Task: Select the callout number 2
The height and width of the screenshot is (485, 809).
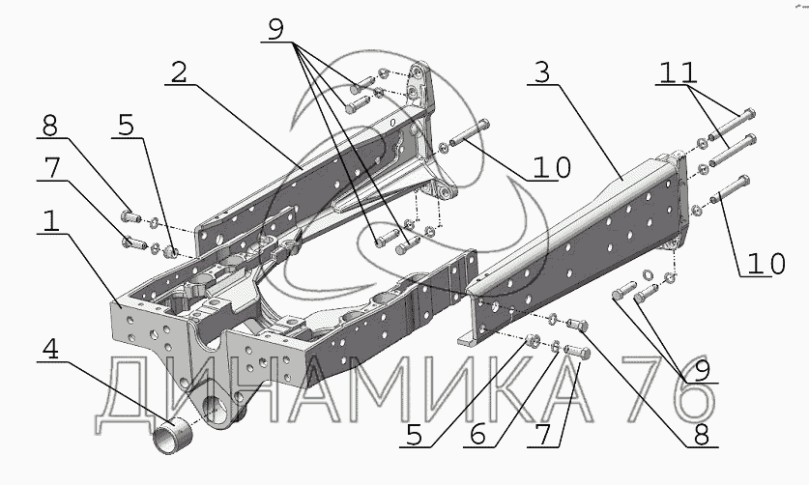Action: (x=179, y=73)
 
